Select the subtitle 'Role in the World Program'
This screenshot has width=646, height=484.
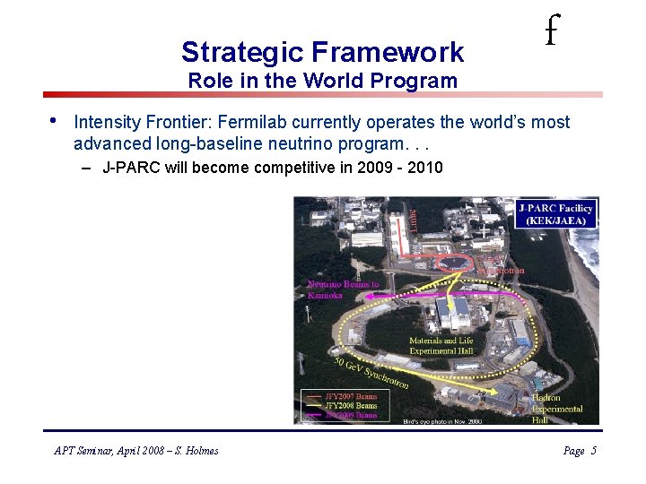point(322,81)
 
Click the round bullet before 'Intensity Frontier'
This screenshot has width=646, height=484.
point(53,120)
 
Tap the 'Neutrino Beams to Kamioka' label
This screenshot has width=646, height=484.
point(343,290)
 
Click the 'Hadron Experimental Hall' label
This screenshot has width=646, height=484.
point(556,409)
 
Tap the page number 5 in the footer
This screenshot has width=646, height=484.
point(593,451)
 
